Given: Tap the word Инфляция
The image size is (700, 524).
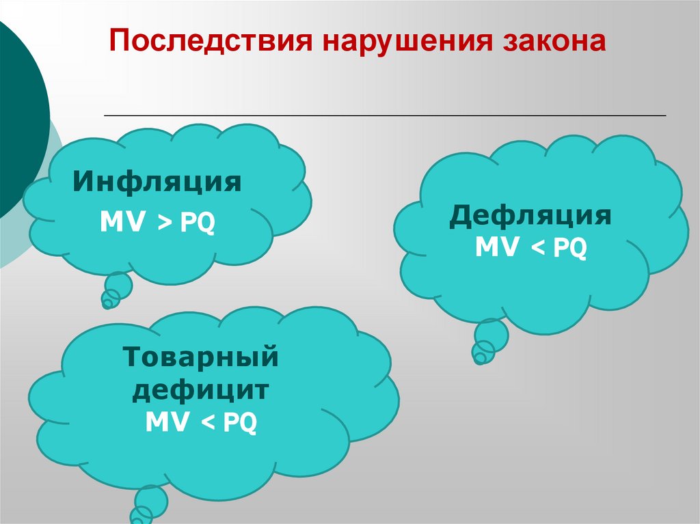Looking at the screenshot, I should point(158,183).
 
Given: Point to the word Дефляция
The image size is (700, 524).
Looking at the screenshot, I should point(530,217).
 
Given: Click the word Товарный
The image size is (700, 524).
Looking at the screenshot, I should point(200,358).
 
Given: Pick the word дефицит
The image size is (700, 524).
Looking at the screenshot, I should point(201,391).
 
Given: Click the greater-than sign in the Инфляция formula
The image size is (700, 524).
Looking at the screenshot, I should point(167,223).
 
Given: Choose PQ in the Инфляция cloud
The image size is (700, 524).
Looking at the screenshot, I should point(198,223).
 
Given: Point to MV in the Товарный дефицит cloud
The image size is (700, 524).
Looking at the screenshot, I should point(170,424).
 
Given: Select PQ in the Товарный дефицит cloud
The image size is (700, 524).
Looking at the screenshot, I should point(241,424).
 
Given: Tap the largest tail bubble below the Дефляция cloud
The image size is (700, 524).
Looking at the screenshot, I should point(492,335).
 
